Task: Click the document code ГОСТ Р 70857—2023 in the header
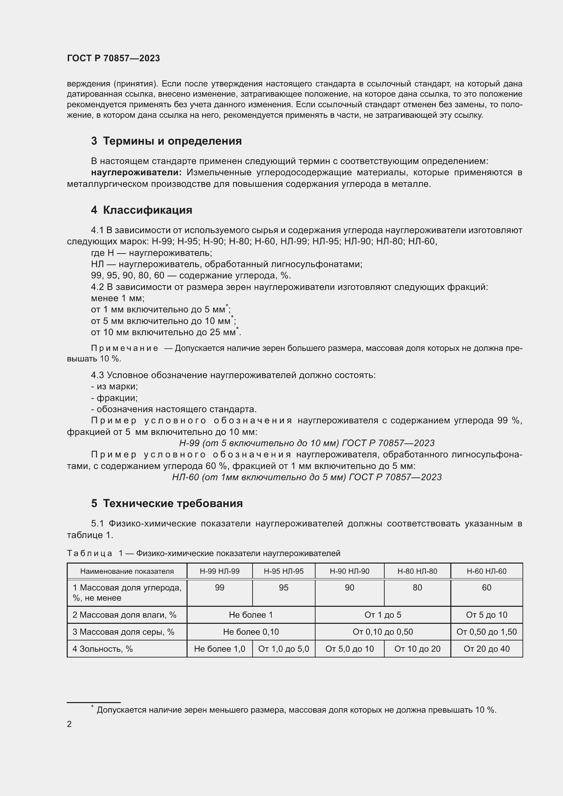point(113,58)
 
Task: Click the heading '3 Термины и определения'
point(166,141)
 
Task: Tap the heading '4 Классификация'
point(142,210)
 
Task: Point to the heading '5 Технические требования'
point(167,503)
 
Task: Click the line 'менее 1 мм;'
point(118,298)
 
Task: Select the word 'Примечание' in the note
point(125,348)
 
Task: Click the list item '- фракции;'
point(114,397)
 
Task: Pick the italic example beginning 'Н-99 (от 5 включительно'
point(306,443)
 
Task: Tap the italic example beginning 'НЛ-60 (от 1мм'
point(306,477)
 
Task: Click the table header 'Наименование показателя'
point(127,571)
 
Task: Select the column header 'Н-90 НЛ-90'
point(349,571)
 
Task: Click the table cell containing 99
point(220,587)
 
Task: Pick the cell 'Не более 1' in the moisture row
point(251,615)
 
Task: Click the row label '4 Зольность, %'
point(102,649)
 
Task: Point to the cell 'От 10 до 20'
point(417,649)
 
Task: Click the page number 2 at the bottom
point(69,724)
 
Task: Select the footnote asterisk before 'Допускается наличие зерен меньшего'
point(92,706)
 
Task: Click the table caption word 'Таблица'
point(90,553)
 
